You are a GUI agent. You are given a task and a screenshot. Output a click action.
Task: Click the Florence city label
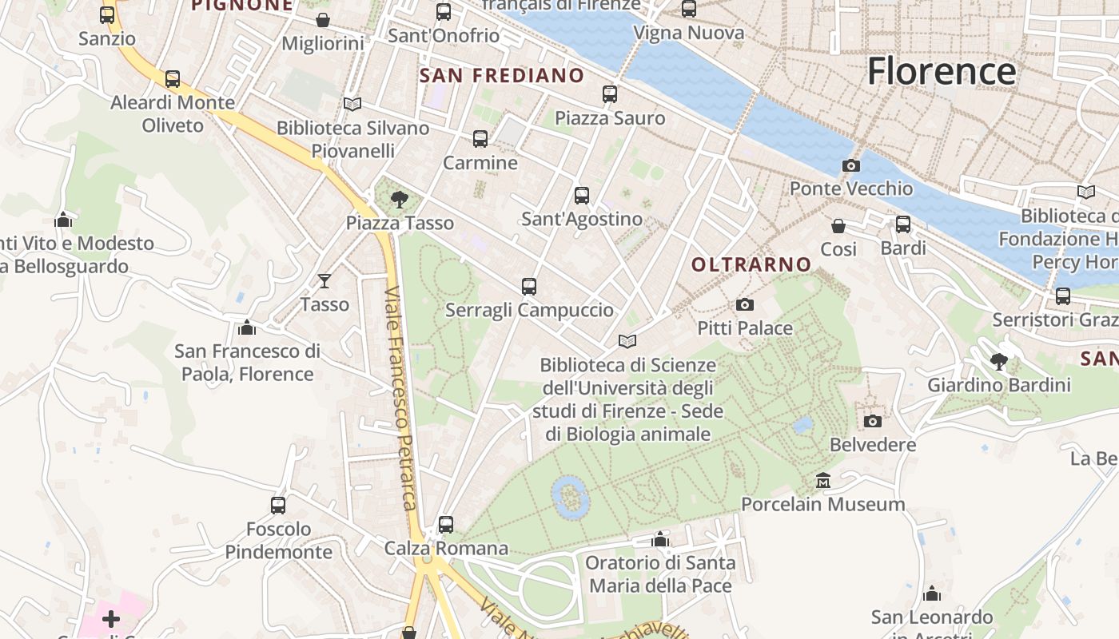pos(941,71)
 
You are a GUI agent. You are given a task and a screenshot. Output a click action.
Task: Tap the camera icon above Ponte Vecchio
pos(851,166)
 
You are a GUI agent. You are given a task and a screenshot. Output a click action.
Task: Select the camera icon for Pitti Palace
pos(744,305)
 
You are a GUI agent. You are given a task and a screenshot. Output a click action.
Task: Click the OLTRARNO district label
pos(751,264)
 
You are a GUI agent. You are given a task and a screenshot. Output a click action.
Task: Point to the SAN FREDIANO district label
pos(502,76)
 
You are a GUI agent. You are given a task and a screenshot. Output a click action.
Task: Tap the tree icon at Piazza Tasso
pos(399,200)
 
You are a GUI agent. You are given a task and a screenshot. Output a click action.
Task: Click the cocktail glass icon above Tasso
pos(325,280)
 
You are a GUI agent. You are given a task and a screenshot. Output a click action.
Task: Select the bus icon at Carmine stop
pos(480,139)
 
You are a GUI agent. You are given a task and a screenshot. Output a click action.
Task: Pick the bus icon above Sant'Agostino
pos(581,196)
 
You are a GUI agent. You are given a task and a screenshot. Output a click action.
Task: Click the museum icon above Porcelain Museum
pos(822,481)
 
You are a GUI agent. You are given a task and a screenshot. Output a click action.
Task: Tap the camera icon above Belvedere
pos(872,421)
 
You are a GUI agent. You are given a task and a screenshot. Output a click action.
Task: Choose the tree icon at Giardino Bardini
pos(998,362)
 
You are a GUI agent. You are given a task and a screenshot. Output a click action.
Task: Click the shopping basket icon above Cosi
pos(838,226)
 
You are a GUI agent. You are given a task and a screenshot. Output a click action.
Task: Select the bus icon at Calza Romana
pos(446,525)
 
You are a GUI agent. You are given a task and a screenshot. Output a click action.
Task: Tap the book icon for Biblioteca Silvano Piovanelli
pos(352,104)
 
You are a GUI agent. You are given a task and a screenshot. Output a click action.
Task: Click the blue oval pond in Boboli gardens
pos(571,496)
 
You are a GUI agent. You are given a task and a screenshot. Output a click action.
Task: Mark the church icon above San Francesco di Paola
pos(247,327)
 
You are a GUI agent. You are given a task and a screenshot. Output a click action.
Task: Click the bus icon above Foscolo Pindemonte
pos(278,506)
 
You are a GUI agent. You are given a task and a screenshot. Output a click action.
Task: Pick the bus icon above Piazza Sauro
pos(610,94)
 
